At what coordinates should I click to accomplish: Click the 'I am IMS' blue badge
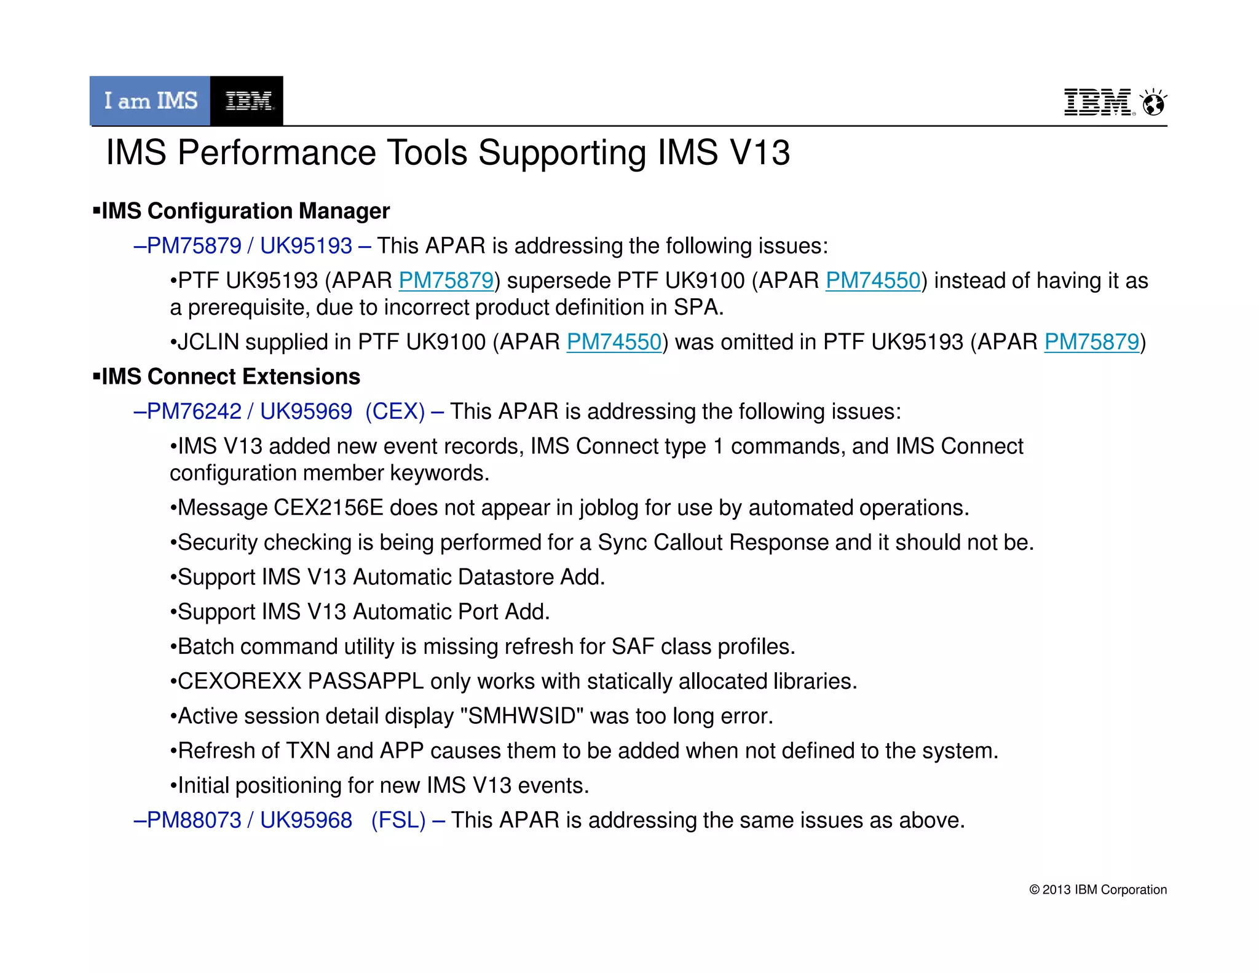[150, 101]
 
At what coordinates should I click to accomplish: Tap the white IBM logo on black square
[247, 101]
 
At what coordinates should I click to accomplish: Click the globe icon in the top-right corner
[1153, 103]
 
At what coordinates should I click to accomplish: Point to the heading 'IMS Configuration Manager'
[245, 211]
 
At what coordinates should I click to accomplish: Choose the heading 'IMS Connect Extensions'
[231, 376]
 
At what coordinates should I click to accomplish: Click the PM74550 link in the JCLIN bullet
[614, 342]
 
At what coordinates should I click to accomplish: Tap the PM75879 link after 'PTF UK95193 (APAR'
[446, 280]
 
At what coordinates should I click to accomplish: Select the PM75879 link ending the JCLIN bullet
[1091, 342]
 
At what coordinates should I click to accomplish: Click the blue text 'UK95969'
[306, 411]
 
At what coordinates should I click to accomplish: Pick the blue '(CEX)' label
[395, 411]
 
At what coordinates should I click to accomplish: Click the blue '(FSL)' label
[398, 820]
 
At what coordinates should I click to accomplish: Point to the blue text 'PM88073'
[194, 820]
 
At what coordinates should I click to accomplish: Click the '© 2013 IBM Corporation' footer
[1097, 890]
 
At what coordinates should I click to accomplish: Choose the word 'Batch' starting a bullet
[206, 647]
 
